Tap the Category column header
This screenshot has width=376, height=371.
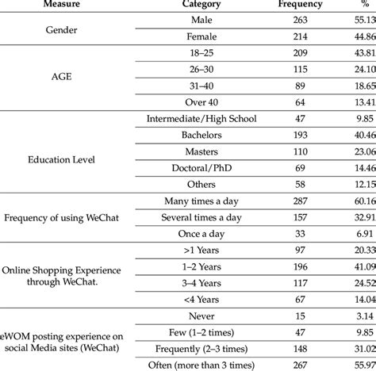click(x=195, y=5)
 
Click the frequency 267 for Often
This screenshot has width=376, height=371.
click(x=290, y=364)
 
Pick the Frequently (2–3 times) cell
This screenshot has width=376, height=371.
click(x=195, y=347)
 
